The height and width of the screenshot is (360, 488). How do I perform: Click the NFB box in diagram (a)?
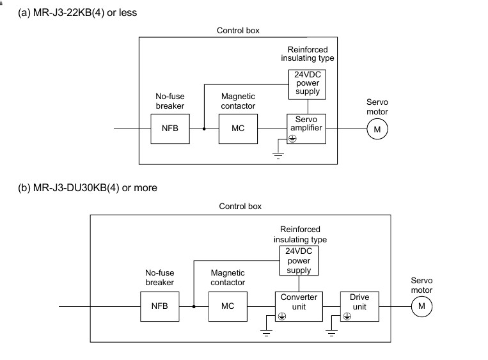(x=169, y=129)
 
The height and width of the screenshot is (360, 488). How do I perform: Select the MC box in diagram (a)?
(x=237, y=129)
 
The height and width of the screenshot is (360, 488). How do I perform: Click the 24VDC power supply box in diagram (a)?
(x=307, y=83)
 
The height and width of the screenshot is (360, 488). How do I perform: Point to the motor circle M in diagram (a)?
(x=377, y=129)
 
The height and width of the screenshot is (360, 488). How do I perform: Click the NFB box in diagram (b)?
(x=159, y=306)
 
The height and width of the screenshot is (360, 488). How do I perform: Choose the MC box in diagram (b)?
(x=228, y=306)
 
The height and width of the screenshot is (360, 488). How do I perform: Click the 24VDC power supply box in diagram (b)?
(x=298, y=261)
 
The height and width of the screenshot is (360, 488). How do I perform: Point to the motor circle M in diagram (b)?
(x=421, y=307)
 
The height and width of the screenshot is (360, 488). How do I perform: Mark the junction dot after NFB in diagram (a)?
(x=204, y=129)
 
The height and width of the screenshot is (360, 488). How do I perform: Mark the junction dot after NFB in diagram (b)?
(x=194, y=306)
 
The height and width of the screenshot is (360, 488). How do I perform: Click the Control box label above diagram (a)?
(x=238, y=30)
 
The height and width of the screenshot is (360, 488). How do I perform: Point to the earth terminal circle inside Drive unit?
(x=347, y=316)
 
